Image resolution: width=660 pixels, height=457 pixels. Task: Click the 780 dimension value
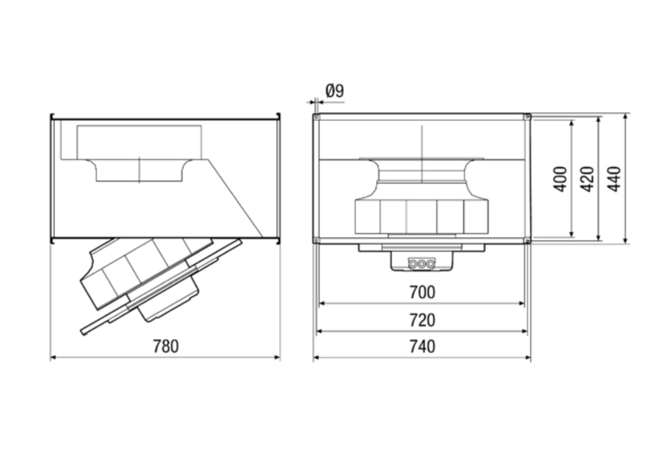tap(166, 346)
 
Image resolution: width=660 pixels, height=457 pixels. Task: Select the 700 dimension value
tap(422, 292)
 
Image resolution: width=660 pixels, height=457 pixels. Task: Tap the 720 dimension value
tap(422, 320)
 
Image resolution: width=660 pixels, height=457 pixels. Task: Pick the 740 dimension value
tap(422, 347)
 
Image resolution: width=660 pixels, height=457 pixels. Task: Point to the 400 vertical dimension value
tap(560, 179)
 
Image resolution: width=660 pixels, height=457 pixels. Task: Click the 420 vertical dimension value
tap(587, 179)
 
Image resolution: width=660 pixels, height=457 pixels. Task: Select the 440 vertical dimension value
tap(614, 179)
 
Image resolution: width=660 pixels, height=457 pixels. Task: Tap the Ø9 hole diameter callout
tap(335, 90)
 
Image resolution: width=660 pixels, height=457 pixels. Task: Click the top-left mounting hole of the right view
tap(317, 117)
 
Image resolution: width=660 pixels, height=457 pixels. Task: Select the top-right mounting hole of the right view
tap(527, 117)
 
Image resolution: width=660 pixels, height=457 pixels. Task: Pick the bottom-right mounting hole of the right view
tap(527, 240)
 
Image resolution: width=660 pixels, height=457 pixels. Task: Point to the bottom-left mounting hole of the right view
tap(317, 240)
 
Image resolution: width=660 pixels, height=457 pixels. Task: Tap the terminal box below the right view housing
tap(422, 261)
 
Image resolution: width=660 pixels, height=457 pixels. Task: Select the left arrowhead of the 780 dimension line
tap(53, 357)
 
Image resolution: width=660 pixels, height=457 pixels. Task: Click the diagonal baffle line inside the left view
tap(236, 198)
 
